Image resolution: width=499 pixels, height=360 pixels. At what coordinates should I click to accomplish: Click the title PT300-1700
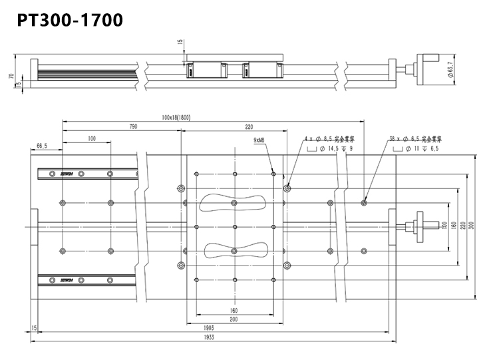[69, 21]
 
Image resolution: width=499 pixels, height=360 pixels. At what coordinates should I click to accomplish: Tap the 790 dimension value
[132, 126]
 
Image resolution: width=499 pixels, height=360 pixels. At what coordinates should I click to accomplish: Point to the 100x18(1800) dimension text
[176, 118]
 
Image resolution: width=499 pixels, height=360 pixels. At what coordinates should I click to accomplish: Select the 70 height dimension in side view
[11, 76]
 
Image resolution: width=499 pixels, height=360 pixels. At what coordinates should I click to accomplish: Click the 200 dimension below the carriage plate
[234, 319]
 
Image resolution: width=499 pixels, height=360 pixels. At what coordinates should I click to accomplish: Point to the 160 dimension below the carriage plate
[234, 310]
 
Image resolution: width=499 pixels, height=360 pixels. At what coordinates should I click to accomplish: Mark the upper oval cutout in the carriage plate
[235, 202]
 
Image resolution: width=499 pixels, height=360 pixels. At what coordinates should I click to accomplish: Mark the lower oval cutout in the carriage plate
[235, 250]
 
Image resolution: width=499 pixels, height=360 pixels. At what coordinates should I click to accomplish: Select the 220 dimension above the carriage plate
[249, 126]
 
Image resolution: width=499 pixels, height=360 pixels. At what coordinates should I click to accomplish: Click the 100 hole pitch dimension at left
[91, 139]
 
